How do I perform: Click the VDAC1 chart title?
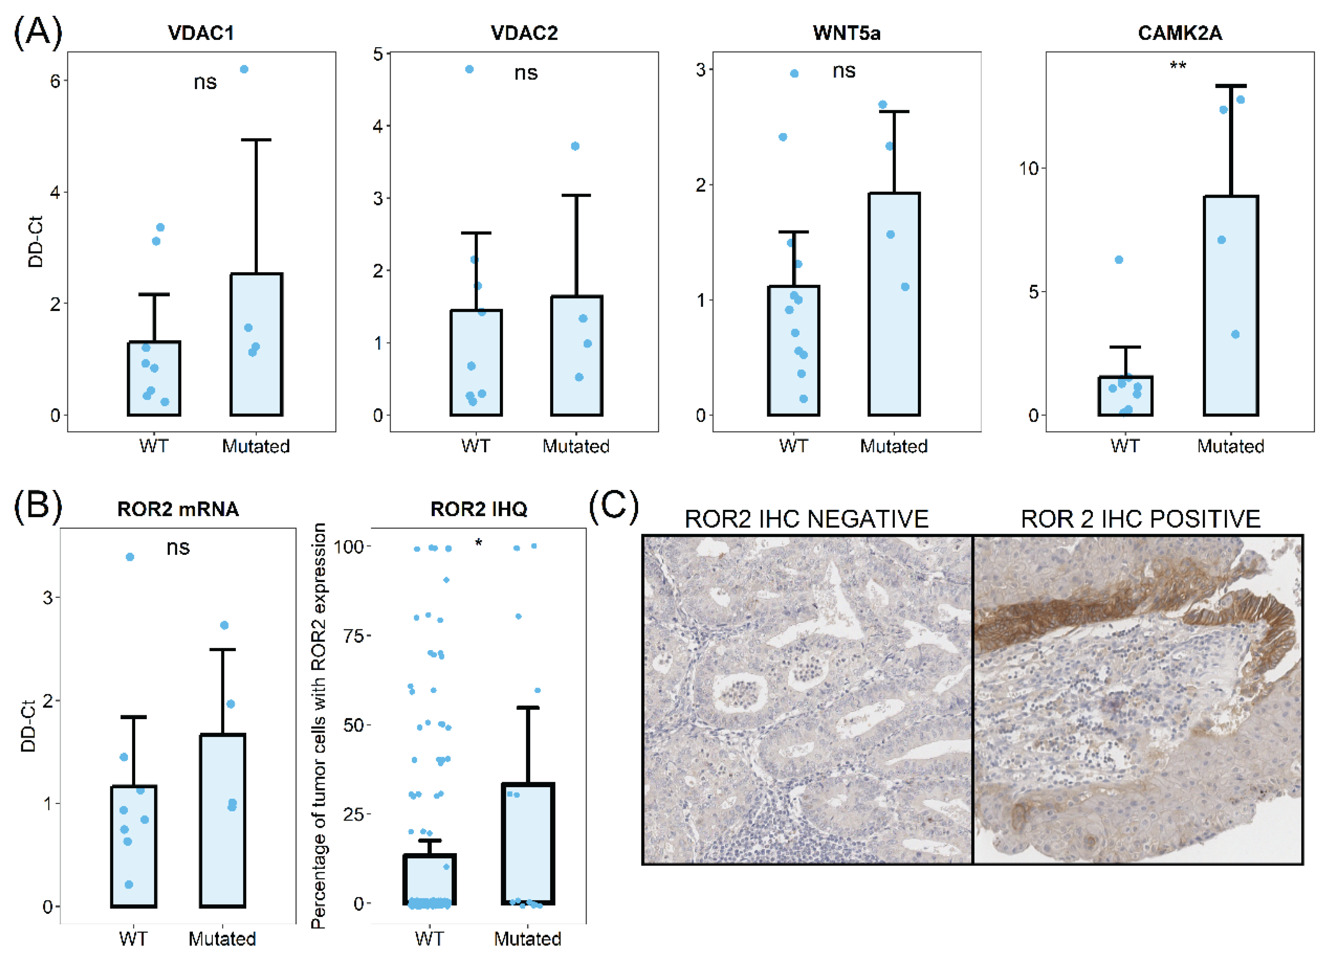[x=201, y=33]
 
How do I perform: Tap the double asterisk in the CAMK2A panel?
[x=1178, y=66]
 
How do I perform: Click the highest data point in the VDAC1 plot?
[x=244, y=69]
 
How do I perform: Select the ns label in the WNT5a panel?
[x=843, y=71]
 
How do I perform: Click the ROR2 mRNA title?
[x=178, y=509]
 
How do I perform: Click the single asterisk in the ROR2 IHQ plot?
[x=479, y=543]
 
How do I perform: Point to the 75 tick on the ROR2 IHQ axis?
[x=353, y=636]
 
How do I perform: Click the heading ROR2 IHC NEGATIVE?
[x=806, y=519]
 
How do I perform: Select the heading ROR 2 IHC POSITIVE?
[x=1140, y=519]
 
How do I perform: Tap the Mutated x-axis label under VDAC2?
[x=576, y=447]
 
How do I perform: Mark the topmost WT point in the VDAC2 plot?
[x=469, y=69]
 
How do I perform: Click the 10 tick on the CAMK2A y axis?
[x=1029, y=169]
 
